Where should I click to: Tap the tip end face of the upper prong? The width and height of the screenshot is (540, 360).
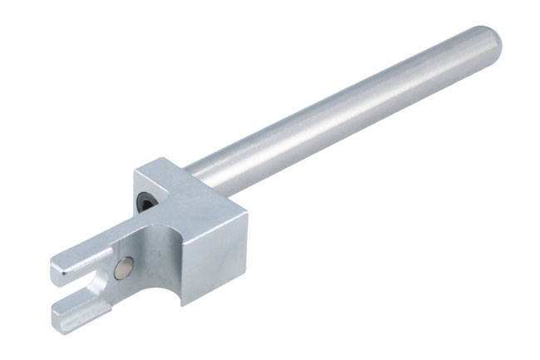(57, 269)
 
